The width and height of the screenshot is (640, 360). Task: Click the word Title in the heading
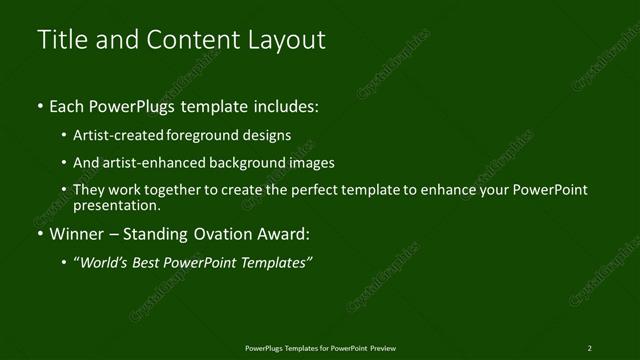point(60,41)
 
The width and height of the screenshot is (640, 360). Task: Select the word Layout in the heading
point(290,41)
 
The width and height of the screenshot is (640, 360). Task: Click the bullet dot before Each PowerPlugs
point(40,106)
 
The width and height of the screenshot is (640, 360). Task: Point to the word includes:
point(287,106)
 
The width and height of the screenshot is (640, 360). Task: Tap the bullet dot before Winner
point(40,235)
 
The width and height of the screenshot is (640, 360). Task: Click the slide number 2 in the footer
point(590,347)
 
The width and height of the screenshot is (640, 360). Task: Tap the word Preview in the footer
point(383,347)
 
